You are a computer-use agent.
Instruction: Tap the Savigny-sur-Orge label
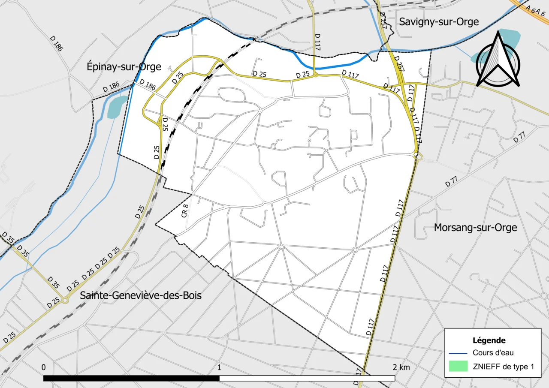point(439,21)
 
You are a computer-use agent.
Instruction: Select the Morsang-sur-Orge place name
point(475,227)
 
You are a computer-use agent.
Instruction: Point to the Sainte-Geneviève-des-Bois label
point(141,295)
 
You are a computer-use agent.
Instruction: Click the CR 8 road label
point(185,211)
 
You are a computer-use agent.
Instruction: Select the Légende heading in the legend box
point(489,340)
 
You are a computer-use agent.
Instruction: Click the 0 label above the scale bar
point(44,367)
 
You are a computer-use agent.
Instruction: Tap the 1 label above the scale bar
point(219,367)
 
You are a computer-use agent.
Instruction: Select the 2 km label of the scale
point(401,367)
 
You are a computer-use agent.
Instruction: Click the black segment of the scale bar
point(131,378)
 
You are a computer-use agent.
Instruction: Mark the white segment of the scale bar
point(307,378)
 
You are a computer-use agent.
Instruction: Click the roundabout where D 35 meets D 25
point(65,300)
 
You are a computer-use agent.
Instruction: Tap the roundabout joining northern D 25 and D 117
point(315,75)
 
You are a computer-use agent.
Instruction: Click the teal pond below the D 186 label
point(116,107)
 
